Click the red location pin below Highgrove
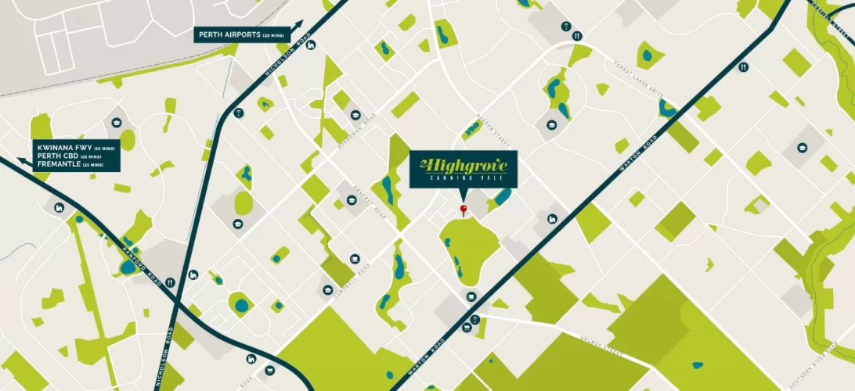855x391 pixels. [x=463, y=209]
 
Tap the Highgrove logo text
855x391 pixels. [x=464, y=164]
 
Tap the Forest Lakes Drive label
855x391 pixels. [x=638, y=77]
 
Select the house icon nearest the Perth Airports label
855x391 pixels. [x=311, y=45]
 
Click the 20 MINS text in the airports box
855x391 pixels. [x=277, y=36]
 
